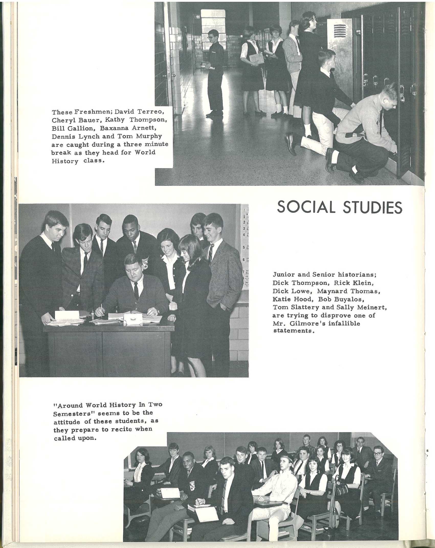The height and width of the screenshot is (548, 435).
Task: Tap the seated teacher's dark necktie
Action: (x=137, y=291)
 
